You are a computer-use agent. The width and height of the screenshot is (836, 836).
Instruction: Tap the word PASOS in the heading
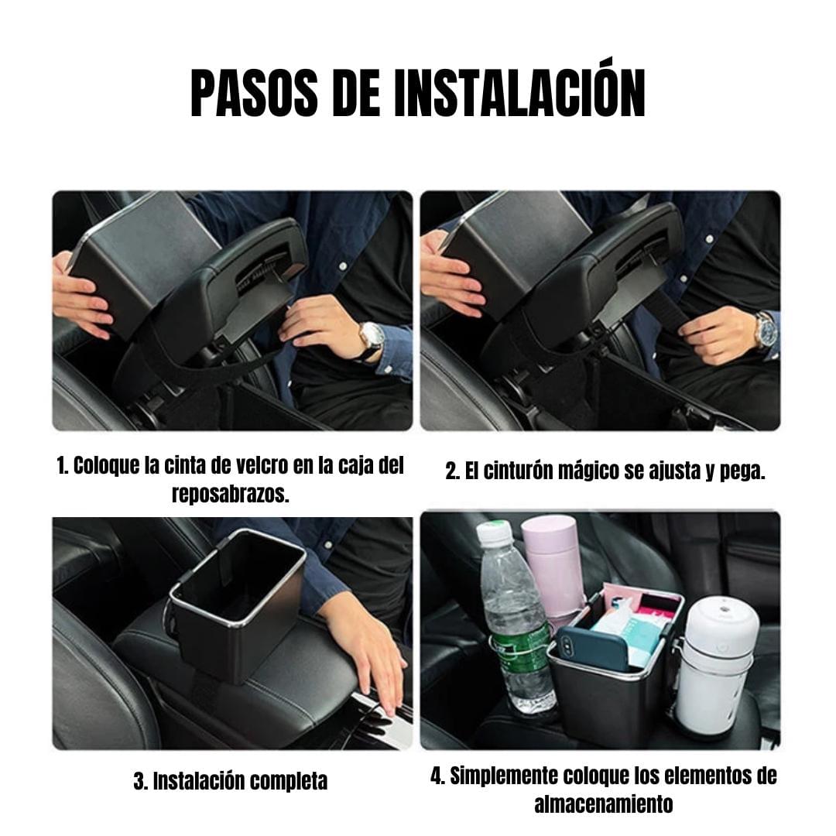pyautogui.click(x=255, y=94)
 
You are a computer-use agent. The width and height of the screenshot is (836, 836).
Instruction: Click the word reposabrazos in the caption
pyautogui.click(x=231, y=494)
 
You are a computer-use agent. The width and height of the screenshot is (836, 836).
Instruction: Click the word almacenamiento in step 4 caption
pyautogui.click(x=604, y=803)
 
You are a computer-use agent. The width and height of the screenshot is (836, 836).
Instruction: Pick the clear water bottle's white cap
pyautogui.click(x=494, y=533)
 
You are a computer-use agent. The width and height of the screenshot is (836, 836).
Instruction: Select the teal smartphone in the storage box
pyautogui.click(x=593, y=649)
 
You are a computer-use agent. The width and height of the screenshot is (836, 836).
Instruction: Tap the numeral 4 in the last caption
pyautogui.click(x=437, y=777)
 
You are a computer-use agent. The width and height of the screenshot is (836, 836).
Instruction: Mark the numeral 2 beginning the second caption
pyautogui.click(x=452, y=471)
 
